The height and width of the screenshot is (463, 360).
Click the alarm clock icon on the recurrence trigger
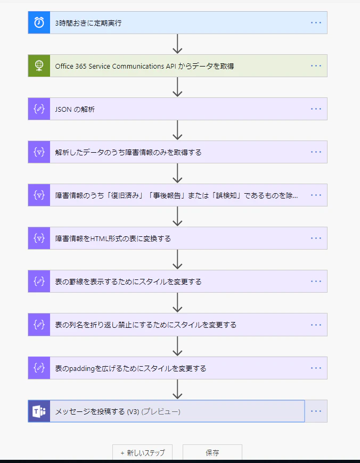[39, 22]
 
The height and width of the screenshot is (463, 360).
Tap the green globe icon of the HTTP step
[39, 65]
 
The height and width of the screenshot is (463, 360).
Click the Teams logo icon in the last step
[39, 411]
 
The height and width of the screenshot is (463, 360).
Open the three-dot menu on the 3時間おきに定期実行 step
[316, 23]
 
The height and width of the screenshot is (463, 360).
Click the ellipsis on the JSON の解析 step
[316, 109]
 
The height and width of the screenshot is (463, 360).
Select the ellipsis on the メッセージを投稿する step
[316, 411]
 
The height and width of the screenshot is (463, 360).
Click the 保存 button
[212, 453]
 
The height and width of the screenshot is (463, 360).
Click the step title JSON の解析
[75, 109]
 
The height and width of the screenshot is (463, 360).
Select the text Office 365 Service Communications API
[116, 66]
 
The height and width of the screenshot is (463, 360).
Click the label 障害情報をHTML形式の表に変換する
[113, 238]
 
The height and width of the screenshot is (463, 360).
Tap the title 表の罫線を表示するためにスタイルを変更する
[128, 282]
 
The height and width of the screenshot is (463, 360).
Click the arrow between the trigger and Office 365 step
[177, 44]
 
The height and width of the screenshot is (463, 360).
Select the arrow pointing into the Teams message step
[177, 389]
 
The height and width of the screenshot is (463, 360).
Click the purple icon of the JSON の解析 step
[39, 109]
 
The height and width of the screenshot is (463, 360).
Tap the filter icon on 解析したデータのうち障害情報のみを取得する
[39, 152]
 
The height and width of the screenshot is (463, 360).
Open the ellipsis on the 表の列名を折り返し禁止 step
[316, 325]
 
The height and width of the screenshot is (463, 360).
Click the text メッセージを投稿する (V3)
[97, 411]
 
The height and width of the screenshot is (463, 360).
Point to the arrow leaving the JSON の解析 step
[177, 130]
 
